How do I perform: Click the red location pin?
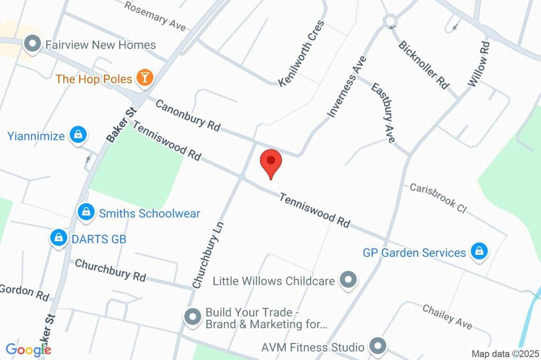tap(271, 162)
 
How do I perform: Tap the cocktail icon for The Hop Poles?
tap(144, 79)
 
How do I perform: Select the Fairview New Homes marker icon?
tap(33, 45)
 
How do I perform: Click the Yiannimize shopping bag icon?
tap(78, 136)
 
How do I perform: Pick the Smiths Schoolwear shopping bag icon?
tap(85, 213)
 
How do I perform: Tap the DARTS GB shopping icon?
tap(58, 239)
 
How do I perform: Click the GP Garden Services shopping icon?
tap(479, 252)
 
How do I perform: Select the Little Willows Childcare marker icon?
tap(348, 280)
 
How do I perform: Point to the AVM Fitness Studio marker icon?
tap(377, 347)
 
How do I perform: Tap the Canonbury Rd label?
tap(188, 115)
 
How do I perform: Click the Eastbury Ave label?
tap(383, 112)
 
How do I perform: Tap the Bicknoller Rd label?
tap(424, 64)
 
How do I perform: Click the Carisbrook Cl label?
tap(438, 198)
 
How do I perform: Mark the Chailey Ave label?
tap(447, 317)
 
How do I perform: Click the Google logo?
tap(28, 349)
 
